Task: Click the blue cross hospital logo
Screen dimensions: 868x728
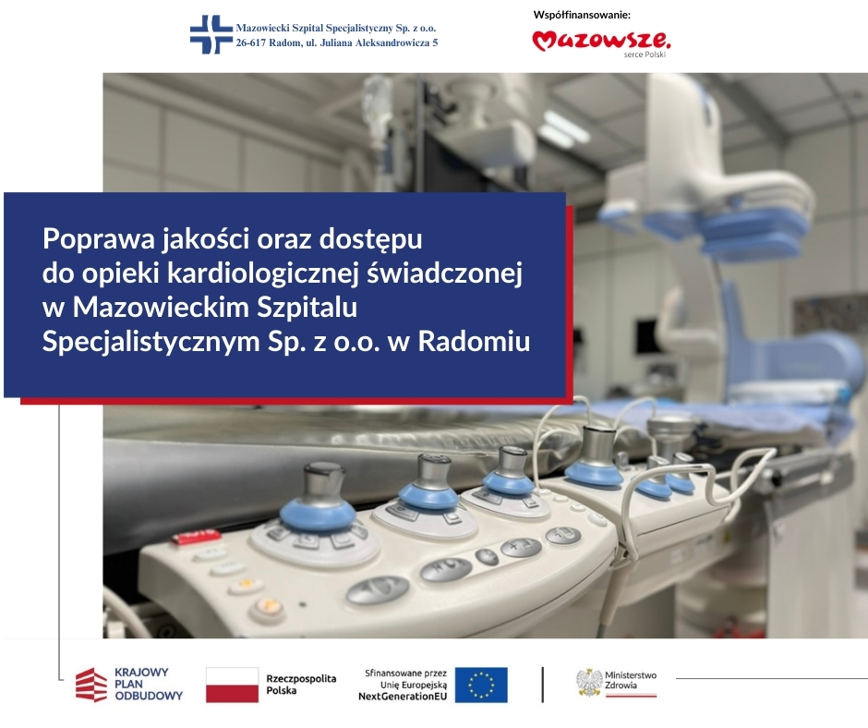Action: point(211,34)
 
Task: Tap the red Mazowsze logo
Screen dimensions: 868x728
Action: point(602,41)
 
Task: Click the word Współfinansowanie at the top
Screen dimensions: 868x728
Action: point(582,15)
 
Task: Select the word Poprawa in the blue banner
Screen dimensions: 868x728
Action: point(98,239)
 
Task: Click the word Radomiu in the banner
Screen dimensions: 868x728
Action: point(474,341)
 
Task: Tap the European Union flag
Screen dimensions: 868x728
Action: point(481,685)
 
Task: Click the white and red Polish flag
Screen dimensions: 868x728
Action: point(232,685)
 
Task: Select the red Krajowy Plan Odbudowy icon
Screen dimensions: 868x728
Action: point(91,685)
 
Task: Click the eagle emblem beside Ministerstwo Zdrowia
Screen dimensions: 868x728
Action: point(589,683)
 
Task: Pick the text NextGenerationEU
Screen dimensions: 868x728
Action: point(403,697)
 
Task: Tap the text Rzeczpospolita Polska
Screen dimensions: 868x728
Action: point(301,685)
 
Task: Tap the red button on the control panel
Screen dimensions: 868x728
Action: point(196,537)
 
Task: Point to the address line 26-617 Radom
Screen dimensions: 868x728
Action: point(336,42)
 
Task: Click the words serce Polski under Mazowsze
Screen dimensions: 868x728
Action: point(645,55)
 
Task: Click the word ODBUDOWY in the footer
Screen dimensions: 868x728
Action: point(149,696)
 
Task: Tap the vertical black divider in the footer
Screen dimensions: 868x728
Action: point(543,685)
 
